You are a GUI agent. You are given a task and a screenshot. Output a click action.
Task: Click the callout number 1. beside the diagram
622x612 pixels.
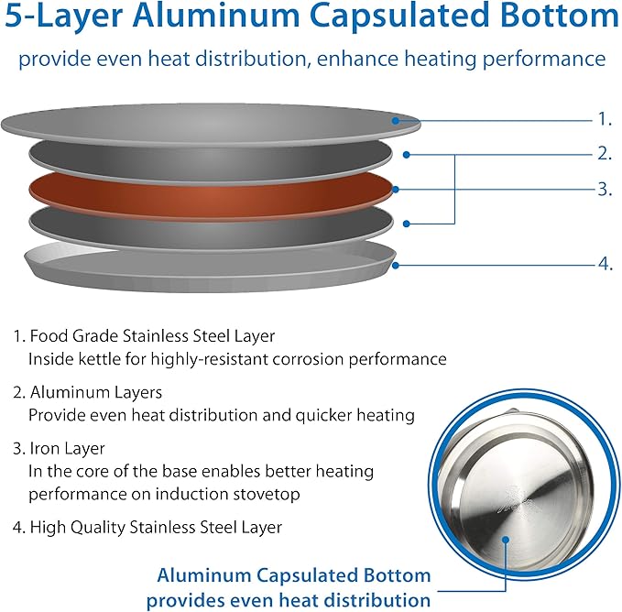pos(604,119)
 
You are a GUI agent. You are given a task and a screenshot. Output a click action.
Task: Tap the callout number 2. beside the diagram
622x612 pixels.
pos(605,153)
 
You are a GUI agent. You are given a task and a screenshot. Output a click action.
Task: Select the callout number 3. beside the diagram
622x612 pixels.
pos(605,189)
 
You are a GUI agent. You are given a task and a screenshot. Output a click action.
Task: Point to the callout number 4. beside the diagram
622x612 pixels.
pos(605,264)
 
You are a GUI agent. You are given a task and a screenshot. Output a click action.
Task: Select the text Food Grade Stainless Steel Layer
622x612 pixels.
pos(152,336)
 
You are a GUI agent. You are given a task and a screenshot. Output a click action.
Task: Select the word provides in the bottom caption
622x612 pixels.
pos(184,601)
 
